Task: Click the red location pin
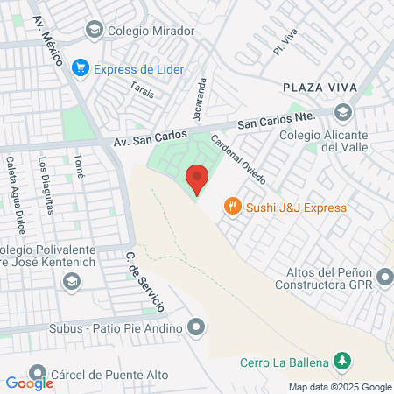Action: pos(198,178)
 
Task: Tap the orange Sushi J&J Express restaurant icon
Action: pos(232,207)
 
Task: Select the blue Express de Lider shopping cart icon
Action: pos(81,66)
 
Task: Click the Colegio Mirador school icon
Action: pos(94,31)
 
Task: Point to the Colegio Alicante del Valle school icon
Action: pos(343,111)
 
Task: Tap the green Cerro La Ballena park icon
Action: pos(343,361)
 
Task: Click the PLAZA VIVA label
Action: pos(318,88)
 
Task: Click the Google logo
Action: pos(29,383)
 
